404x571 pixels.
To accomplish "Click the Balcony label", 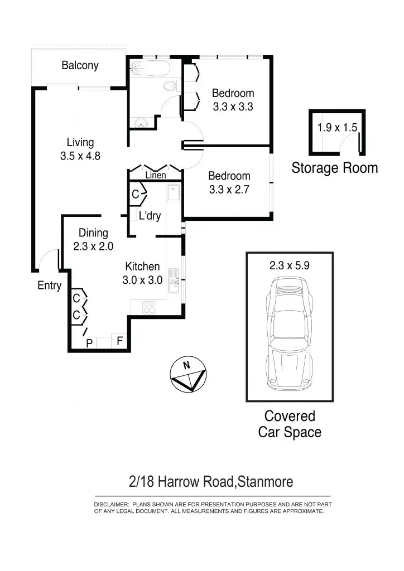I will [80, 65].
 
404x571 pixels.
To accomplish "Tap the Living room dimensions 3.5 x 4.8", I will [80, 156].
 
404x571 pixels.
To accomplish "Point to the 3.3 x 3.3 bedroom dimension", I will [233, 107].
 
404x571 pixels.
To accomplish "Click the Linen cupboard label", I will [156, 176].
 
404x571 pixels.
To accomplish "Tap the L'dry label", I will [150, 216].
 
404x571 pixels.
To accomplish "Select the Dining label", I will [93, 233].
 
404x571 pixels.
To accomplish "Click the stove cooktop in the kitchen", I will [150, 306].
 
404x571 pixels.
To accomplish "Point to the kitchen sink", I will [174, 282].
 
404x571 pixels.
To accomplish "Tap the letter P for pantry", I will [89, 344].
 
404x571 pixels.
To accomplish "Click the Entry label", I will [49, 285].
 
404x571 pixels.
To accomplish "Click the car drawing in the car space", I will [290, 335].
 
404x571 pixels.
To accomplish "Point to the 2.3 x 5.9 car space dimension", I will [289, 266].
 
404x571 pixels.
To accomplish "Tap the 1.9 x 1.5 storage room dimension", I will [337, 127].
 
